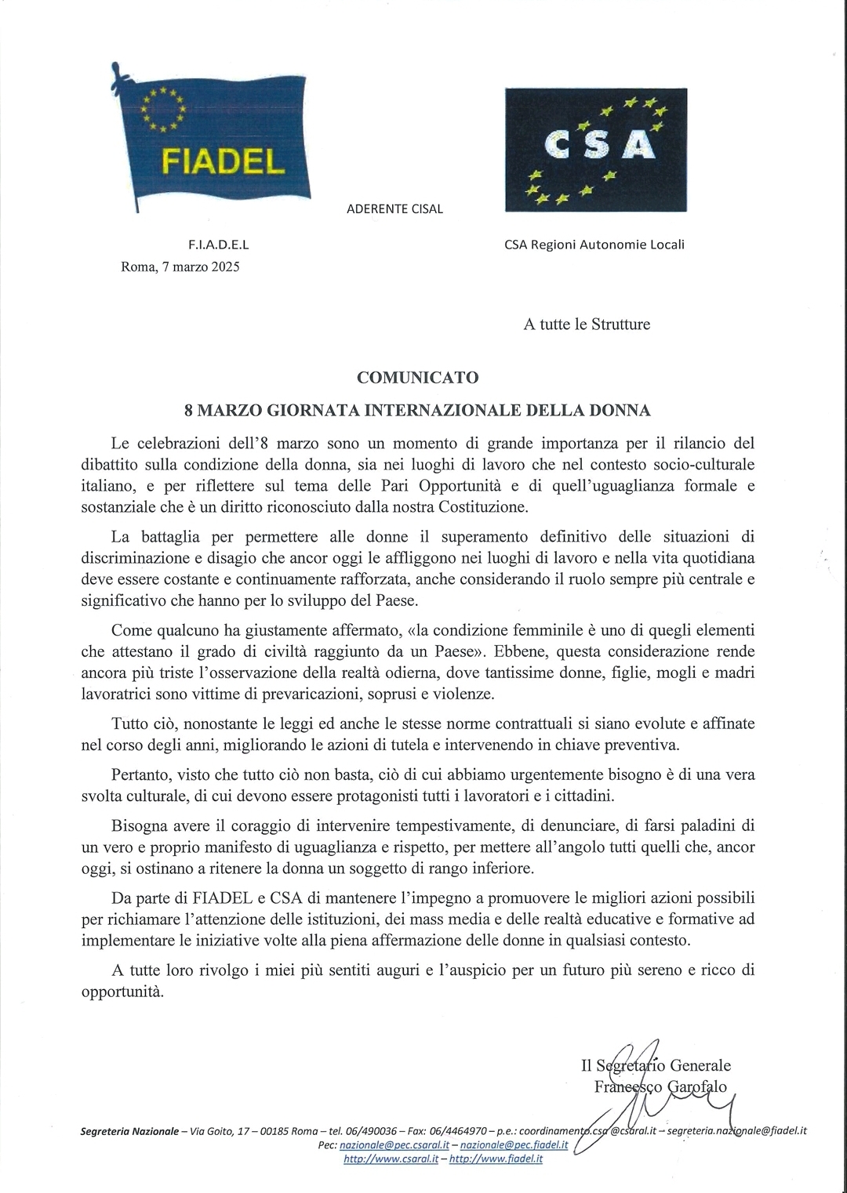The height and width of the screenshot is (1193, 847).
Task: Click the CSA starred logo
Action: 595,149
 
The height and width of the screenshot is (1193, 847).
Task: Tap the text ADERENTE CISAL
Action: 394,209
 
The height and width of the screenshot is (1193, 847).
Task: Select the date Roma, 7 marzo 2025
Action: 180,267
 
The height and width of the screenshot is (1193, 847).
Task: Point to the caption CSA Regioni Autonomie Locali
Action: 594,245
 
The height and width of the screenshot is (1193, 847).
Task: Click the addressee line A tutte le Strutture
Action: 587,324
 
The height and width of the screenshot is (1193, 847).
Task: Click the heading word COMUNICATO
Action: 417,377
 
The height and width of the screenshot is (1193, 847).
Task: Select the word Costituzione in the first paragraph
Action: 486,507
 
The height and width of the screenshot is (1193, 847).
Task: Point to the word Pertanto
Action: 140,774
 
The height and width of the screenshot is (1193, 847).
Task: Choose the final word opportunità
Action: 122,991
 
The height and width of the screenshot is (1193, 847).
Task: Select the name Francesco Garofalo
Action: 660,1087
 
